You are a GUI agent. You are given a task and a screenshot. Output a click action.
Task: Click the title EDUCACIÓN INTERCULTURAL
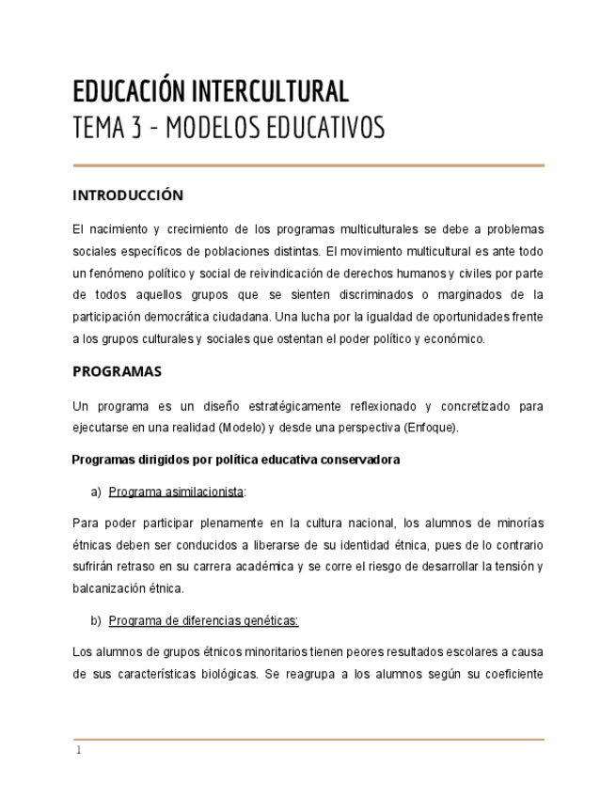click(x=211, y=91)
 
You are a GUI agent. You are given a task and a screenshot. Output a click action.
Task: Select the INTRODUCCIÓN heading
click(x=128, y=195)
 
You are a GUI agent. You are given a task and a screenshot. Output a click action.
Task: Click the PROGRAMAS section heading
click(x=117, y=371)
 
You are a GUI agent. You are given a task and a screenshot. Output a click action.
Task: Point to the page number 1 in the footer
click(x=79, y=750)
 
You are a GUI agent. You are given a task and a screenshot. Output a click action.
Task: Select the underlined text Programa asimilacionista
click(x=176, y=492)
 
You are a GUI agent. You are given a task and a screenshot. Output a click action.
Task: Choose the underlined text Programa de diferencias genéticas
click(x=203, y=620)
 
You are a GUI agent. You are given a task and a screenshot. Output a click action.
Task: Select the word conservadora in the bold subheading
click(x=360, y=460)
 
